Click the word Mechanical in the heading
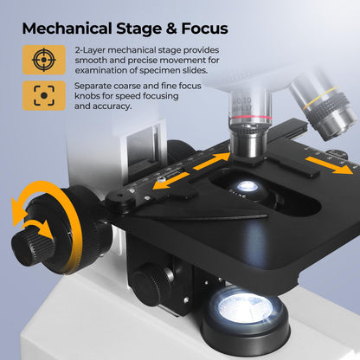pos(67,29)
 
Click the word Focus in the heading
pos(204,29)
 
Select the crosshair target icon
pos(44,60)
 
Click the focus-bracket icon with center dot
pos(44,95)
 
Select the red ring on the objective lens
pos(251,117)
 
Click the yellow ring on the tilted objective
pos(321,98)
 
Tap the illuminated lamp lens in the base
pos(243,309)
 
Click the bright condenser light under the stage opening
pos(247,186)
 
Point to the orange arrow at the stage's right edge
pos(329,165)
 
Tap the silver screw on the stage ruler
pos(161,180)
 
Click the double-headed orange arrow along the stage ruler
pos(191,170)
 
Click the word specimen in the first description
pos(165,70)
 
